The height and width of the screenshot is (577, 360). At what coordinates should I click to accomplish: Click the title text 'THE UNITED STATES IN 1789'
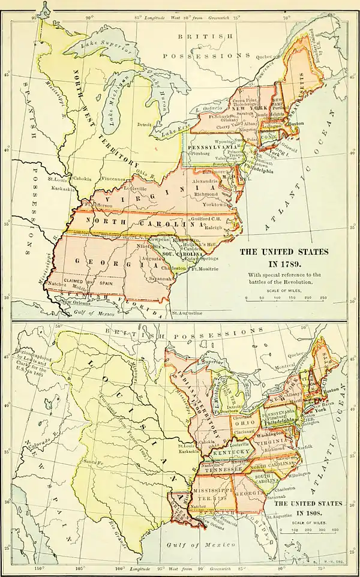[284, 257]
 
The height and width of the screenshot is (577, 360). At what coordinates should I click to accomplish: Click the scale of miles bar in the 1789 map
[284, 296]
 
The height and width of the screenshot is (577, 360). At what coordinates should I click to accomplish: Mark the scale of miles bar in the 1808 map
[313, 531]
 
